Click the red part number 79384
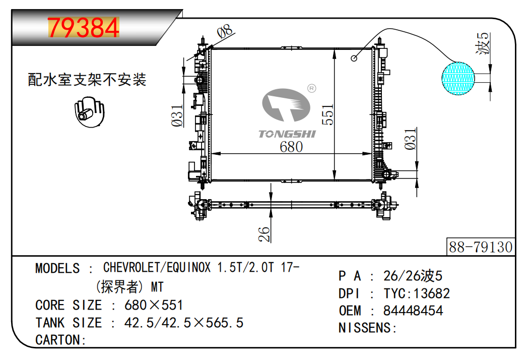click(84, 28)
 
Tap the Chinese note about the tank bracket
click(87, 80)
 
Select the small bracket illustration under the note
click(89, 112)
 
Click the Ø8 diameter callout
click(225, 31)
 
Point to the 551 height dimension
click(327, 114)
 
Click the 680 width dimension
click(291, 147)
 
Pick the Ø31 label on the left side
click(177, 115)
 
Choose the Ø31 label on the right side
click(411, 139)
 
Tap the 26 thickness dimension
click(265, 234)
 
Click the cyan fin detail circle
click(458, 78)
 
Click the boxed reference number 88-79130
click(481, 247)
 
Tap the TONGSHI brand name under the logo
click(287, 134)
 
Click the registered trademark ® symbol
click(312, 88)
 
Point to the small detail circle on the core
click(354, 58)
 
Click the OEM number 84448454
click(413, 311)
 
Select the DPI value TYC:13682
click(417, 293)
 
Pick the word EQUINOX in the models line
click(188, 267)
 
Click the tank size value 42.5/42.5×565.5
click(184, 323)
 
